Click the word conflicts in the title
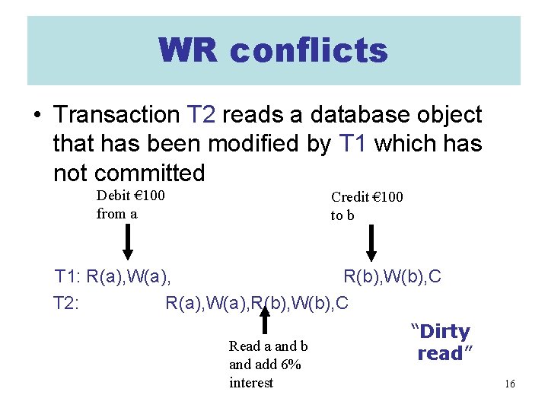point(308,51)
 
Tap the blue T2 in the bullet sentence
point(202,115)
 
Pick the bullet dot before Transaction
point(37,116)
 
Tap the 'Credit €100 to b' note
point(366,205)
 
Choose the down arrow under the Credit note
point(371,243)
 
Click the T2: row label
point(68,303)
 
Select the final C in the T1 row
point(435,276)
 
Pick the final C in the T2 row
point(342,303)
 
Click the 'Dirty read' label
point(441,342)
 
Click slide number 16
point(509,384)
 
